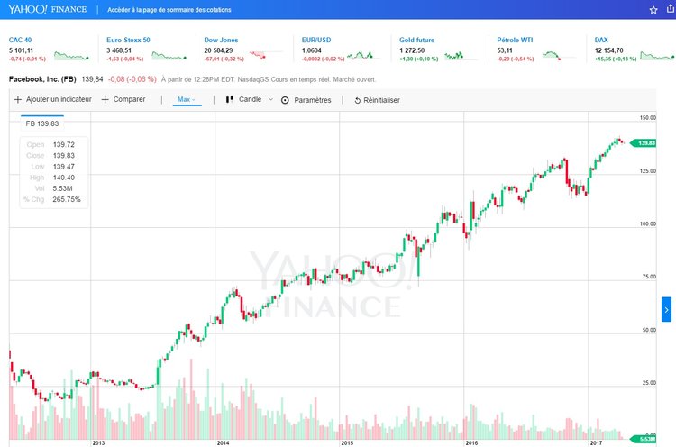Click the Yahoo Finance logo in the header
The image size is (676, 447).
tap(47, 10)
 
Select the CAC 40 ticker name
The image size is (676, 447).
tap(21, 41)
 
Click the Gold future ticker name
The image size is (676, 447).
tap(418, 41)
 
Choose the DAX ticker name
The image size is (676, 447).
tap(602, 41)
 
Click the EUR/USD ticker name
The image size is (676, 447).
tap(316, 41)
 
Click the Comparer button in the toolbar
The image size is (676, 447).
tap(123, 99)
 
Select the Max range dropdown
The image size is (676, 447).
tap(187, 99)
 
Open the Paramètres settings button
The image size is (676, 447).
tap(306, 100)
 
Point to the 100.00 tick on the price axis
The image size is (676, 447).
tap(646, 223)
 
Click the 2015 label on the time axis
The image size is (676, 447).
tap(346, 442)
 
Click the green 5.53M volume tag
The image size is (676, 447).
tap(644, 438)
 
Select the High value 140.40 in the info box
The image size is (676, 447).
tap(64, 178)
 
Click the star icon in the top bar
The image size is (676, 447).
tap(653, 10)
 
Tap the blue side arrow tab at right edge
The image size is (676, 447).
tap(666, 309)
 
